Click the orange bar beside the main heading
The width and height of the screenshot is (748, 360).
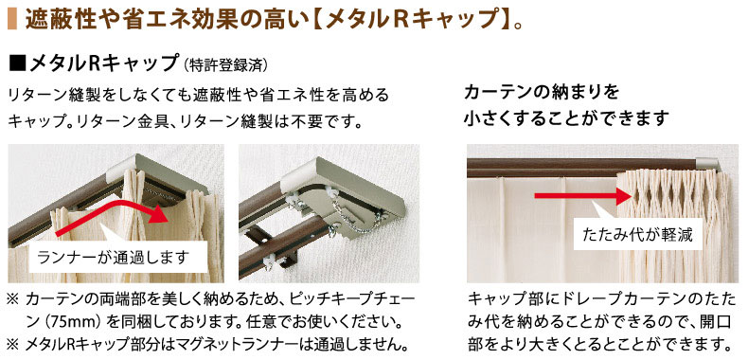pos(12,19)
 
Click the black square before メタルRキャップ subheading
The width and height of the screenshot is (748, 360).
pos(17,64)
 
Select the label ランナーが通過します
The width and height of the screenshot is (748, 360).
pos(113,258)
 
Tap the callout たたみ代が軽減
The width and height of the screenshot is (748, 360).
pos(638,234)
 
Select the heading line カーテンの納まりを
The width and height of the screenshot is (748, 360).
pos(542,92)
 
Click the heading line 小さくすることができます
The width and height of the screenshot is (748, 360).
pos(565,118)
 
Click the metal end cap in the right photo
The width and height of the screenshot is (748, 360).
pos(711,164)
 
